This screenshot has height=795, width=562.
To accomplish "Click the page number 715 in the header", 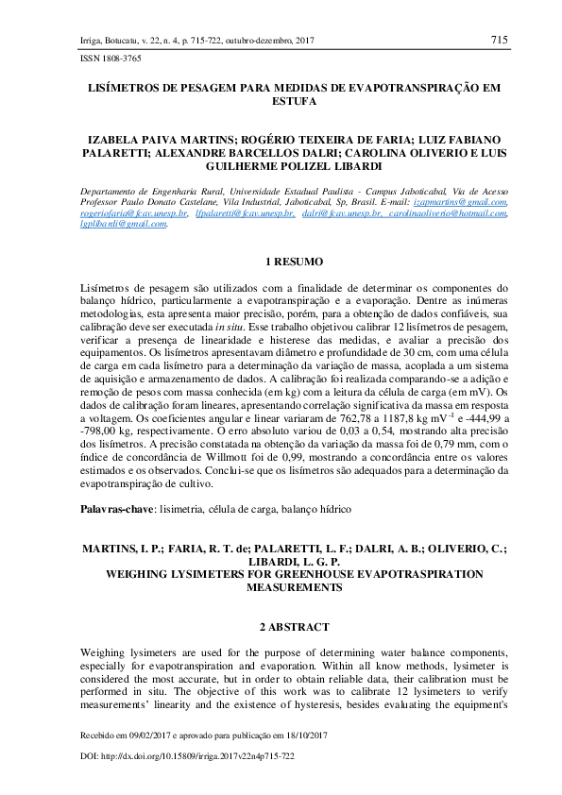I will [x=500, y=40].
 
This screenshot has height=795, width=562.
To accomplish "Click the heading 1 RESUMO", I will [x=293, y=261].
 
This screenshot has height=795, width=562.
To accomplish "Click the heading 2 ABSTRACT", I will [x=293, y=627].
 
